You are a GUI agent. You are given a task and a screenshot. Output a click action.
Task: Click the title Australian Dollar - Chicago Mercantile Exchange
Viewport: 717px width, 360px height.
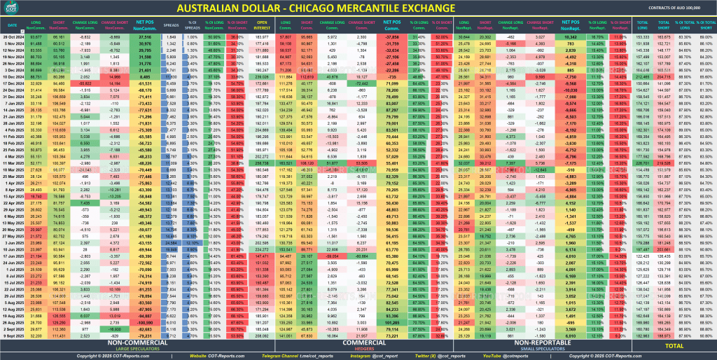coord(358,8)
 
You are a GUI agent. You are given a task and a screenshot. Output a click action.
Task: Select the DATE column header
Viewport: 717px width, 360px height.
coord(13,25)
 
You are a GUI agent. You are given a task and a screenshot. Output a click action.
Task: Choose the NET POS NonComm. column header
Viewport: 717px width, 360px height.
coord(146,25)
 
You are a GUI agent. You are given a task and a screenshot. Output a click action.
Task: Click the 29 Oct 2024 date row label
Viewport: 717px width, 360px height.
coord(14,36)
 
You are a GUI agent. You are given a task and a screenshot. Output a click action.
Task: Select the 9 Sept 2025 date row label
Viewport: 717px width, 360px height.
coord(14,335)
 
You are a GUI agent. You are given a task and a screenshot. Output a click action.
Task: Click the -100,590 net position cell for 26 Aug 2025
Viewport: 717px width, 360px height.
coord(145,323)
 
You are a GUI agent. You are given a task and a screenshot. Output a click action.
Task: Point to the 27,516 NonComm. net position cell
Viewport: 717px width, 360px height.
coord(145,36)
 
